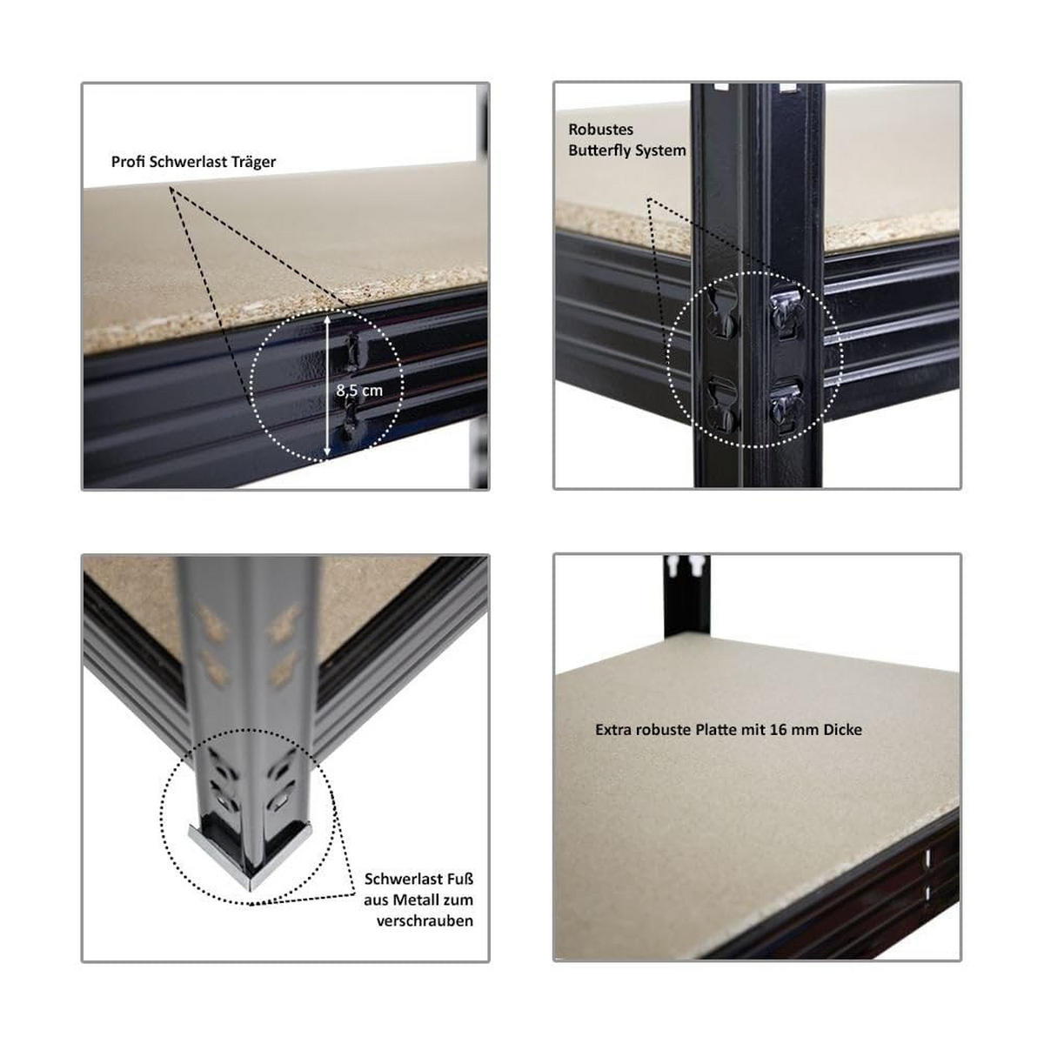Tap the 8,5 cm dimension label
359,390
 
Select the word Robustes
600,130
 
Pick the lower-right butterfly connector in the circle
786,405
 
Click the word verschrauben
425,920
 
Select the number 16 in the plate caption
778,730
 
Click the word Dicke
840,730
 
